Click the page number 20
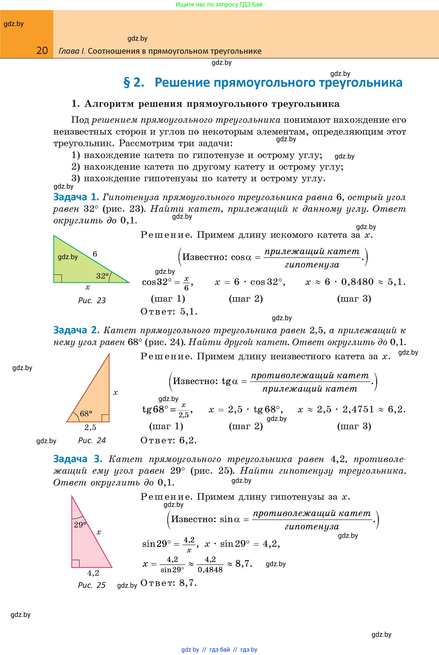pos(42,51)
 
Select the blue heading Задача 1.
pos(76,197)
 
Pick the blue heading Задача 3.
pos(78,459)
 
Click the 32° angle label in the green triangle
pos(102,276)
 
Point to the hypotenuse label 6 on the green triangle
pos(95,254)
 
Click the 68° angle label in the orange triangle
pos(86,414)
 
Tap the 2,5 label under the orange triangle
pos(90,427)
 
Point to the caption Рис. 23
pos(92,301)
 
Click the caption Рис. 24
pos(92,440)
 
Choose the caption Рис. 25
pos(92,585)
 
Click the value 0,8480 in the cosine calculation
pos(357,282)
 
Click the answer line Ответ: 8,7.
pos(168,583)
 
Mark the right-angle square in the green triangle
pos(58,278)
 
